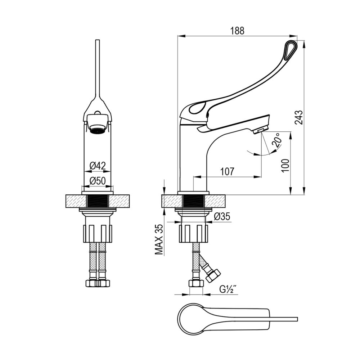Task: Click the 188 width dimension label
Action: (237, 31)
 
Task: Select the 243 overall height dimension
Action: (299, 118)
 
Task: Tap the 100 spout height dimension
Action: (285, 166)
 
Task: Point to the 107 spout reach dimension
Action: (227, 171)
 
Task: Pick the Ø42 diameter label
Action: (98, 166)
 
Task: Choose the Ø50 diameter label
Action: (98, 181)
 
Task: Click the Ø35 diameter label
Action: (222, 216)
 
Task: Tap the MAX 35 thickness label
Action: (159, 239)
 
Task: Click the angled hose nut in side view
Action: (213, 275)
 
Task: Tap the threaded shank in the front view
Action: (98, 201)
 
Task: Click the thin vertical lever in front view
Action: (97, 69)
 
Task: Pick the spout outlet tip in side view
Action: (260, 131)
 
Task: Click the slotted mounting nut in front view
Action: (98, 234)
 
